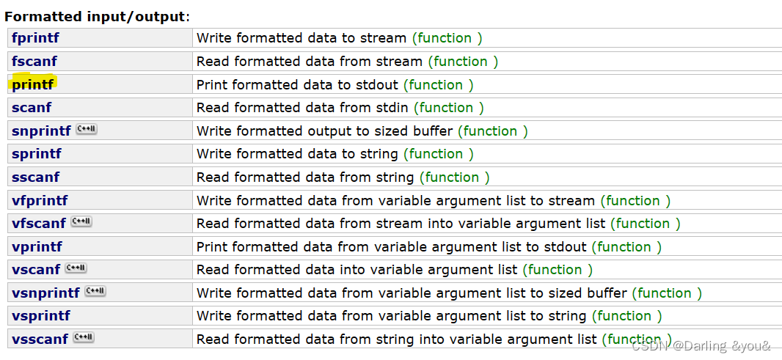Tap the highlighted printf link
(x=33, y=84)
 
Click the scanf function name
(x=32, y=108)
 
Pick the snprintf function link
(x=41, y=131)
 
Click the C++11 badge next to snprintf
(x=87, y=129)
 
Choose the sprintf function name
(x=37, y=154)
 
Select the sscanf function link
(x=35, y=177)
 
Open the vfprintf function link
(x=40, y=201)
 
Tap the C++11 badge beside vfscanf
(x=81, y=221)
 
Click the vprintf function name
(x=37, y=247)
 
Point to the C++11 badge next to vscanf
(x=77, y=268)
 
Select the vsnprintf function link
(x=45, y=293)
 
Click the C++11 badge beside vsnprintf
(x=95, y=291)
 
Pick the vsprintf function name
(x=41, y=316)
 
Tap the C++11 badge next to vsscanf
(x=84, y=337)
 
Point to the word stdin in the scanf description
(x=390, y=108)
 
